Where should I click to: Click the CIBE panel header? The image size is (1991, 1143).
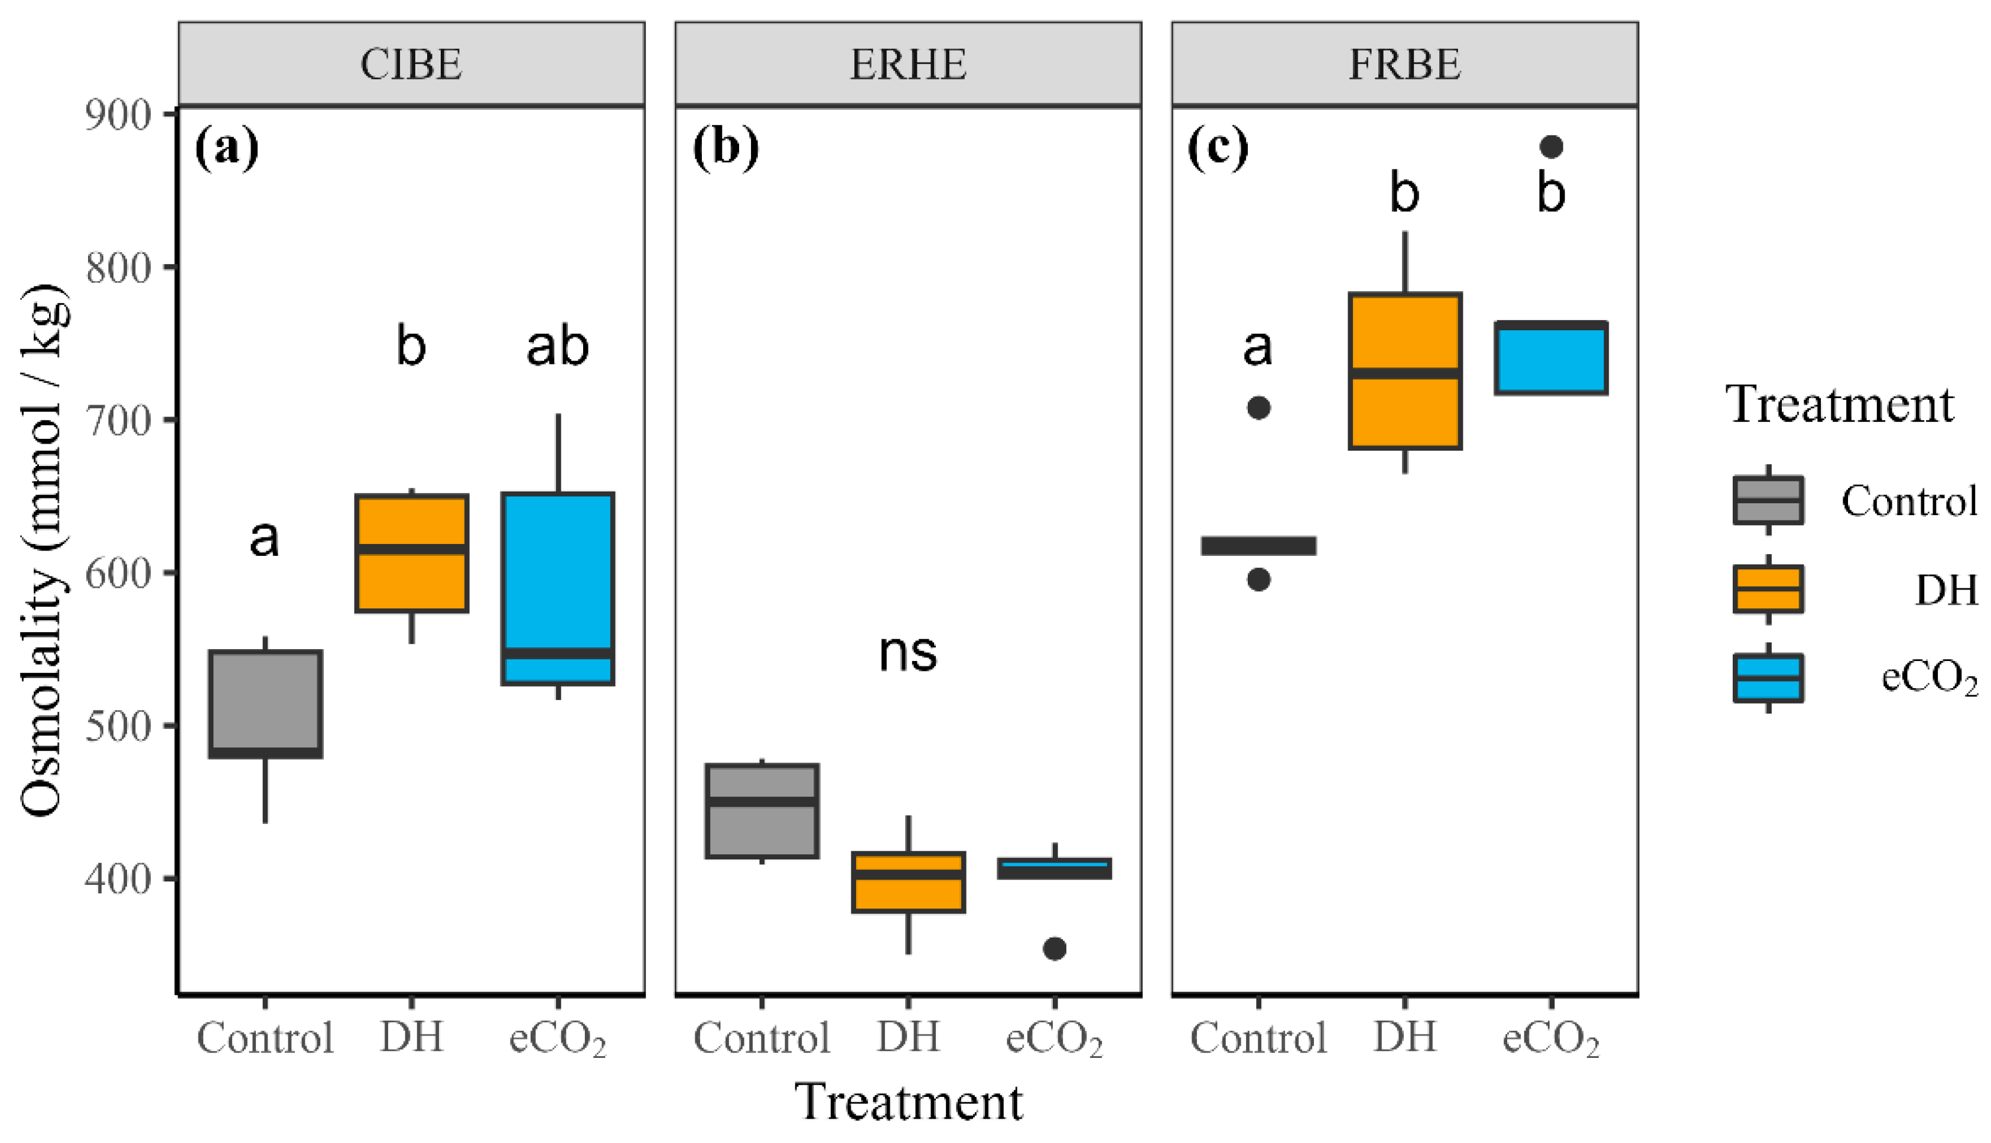coord(411,64)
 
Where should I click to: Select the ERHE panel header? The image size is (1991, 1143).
coord(907,64)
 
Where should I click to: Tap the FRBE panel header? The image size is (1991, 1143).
coord(1404,64)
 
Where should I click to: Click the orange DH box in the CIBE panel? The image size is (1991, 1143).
coord(411,553)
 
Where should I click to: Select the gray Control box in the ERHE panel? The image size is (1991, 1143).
coord(762,810)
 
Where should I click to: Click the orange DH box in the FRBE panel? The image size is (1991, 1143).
coord(1404,370)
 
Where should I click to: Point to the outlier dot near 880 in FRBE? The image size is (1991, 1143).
coord(1551,147)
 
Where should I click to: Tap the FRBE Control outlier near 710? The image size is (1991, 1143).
coord(1258,408)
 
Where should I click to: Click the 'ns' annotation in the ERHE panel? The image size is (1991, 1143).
coord(907,652)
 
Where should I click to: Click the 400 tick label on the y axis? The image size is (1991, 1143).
coord(118,878)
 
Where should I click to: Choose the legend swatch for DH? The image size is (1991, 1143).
coord(1768,589)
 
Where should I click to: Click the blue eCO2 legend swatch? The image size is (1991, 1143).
coord(1768,678)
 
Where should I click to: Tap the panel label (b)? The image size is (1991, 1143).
coord(726,147)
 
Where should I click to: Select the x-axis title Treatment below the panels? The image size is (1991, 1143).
coord(907,1102)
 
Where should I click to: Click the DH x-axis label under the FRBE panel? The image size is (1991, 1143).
coord(1404,1037)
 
